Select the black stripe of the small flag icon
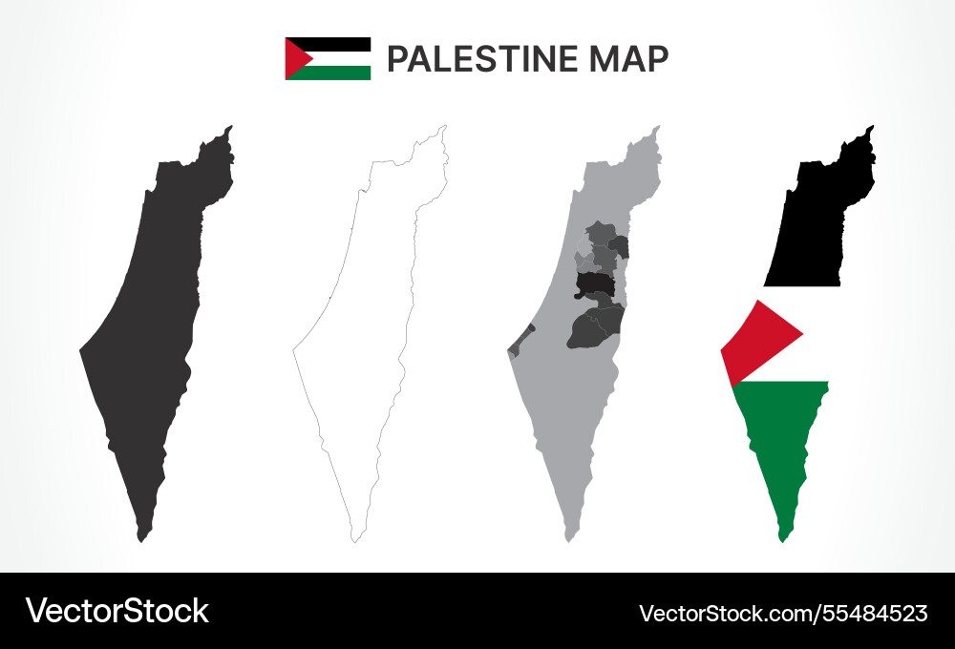tap(339, 44)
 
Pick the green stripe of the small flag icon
tap(339, 73)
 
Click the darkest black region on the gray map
tap(593, 283)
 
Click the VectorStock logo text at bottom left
tap(117, 611)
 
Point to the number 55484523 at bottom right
tap(870, 613)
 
